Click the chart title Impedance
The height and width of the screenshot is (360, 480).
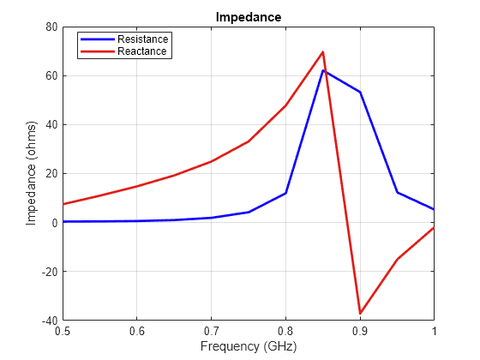(248, 16)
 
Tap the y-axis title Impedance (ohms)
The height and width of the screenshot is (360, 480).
(32, 173)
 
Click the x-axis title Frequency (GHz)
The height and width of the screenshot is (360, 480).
(248, 346)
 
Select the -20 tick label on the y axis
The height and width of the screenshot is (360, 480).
(48, 272)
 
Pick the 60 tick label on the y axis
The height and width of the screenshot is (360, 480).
(51, 75)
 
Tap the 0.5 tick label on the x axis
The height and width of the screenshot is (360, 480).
(63, 330)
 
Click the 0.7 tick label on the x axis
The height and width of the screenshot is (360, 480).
(211, 330)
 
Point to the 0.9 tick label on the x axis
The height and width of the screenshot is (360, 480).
(360, 330)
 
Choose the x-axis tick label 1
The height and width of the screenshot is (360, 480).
(434, 330)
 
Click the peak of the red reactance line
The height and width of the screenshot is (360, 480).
(323, 52)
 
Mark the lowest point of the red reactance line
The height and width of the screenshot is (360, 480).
(360, 314)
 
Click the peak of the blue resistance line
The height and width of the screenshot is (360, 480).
(323, 70)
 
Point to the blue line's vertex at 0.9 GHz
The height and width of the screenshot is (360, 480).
(360, 92)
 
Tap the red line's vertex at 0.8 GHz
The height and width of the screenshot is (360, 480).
(285, 105)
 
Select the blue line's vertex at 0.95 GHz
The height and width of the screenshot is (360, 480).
(397, 192)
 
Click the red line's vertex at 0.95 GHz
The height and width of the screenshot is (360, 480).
(397, 259)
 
